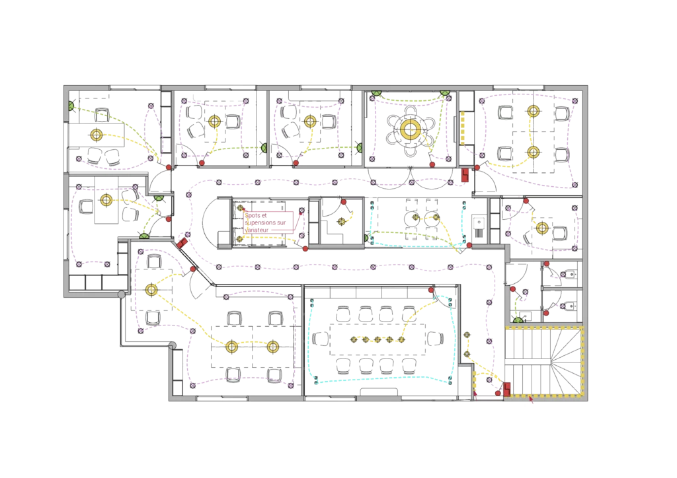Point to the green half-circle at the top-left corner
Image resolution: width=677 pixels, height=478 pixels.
point(71,106)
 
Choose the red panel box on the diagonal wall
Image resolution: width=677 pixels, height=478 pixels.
point(181,242)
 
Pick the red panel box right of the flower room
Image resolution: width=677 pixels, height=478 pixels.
point(465,175)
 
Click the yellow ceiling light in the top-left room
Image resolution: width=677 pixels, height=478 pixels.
point(97,135)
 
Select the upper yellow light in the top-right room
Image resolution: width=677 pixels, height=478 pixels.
point(533,111)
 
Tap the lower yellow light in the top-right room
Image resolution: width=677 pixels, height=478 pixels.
point(533,153)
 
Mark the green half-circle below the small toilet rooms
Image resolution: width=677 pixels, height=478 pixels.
point(518,320)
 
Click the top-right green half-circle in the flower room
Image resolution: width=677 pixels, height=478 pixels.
point(446,94)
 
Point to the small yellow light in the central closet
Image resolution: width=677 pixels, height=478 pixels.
point(342,221)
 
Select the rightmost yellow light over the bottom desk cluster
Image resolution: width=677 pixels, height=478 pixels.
point(272,346)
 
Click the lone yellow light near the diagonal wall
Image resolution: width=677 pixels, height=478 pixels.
point(151,289)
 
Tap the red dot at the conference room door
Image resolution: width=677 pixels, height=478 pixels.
point(431,291)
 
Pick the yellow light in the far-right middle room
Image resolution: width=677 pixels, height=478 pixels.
point(542,228)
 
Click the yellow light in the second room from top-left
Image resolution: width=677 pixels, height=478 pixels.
point(214,121)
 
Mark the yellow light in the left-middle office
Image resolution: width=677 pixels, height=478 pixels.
point(105,199)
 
